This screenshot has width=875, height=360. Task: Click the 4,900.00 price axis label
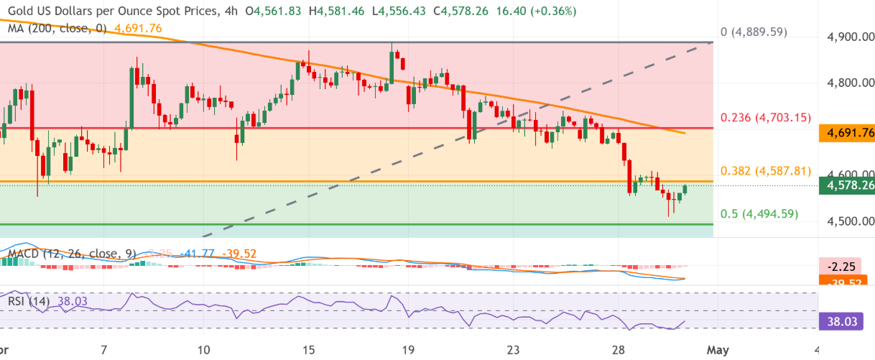[x=847, y=37]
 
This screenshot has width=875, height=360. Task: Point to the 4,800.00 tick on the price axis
[x=847, y=83]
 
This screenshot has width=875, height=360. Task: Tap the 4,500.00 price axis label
[x=847, y=221]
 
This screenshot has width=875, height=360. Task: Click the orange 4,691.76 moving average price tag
[x=847, y=132]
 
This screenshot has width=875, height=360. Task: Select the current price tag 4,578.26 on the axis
[x=847, y=186]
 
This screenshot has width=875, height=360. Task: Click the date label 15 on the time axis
[x=309, y=350]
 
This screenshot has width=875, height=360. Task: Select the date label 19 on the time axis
[x=408, y=350]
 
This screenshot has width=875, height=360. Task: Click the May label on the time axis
[x=718, y=350]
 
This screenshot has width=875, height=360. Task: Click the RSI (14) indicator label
[x=29, y=302]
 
